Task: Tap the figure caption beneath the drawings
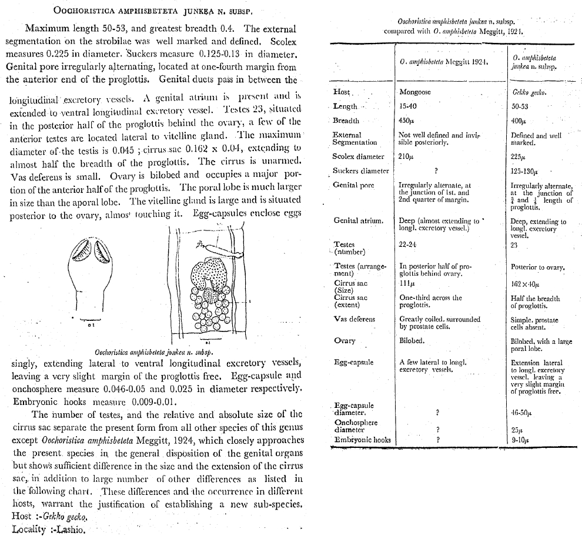(x=153, y=352)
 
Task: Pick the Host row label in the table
(x=342, y=92)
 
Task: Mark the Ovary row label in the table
(x=344, y=340)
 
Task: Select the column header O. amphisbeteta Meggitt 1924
(x=443, y=61)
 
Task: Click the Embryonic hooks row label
(x=362, y=439)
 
